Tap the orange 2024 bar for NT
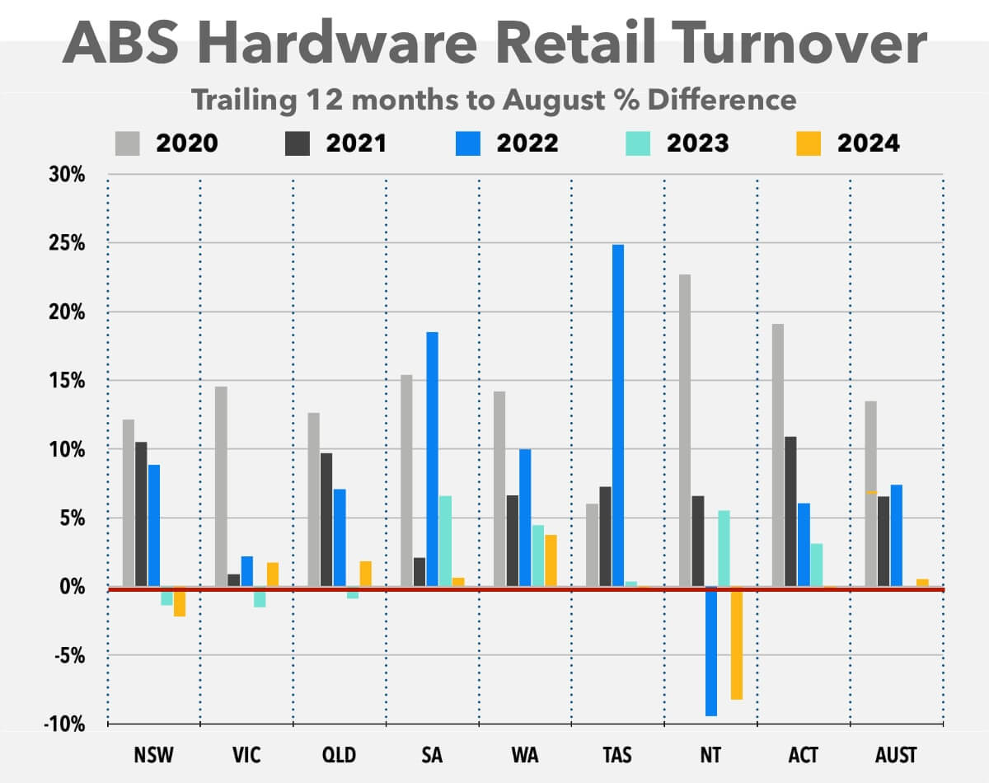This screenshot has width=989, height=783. [x=737, y=643]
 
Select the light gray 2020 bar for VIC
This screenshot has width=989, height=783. [x=221, y=486]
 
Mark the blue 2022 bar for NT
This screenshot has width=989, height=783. [x=710, y=651]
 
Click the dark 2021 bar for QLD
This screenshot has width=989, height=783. [x=326, y=519]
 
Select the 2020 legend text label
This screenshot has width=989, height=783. [x=188, y=143]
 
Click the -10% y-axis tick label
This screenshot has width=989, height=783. [x=64, y=724]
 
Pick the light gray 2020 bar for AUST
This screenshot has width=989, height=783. [x=870, y=494]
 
